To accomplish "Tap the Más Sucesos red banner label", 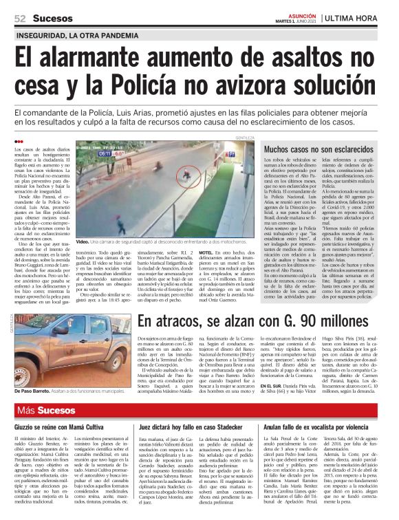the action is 47,411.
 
